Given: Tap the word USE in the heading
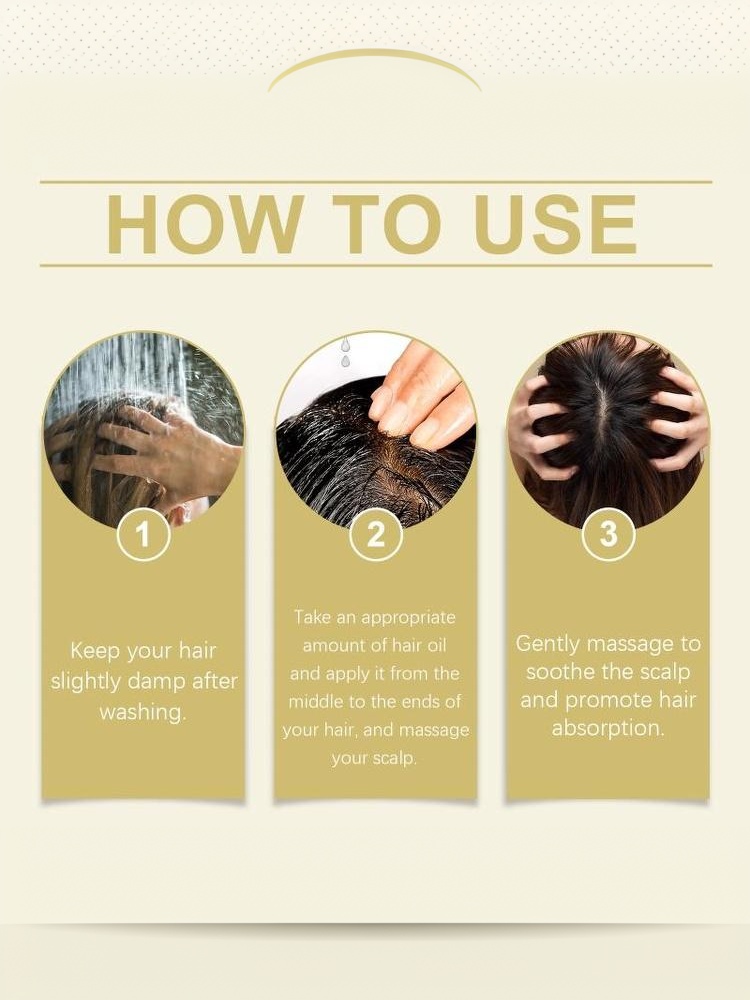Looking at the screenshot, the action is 555,224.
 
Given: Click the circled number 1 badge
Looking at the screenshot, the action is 143,534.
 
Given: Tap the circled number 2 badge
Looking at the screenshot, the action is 376,534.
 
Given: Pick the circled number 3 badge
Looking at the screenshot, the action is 608,534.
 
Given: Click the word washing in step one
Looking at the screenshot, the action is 142,712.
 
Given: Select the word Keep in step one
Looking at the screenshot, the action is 96,651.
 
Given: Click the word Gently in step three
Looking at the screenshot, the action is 548,644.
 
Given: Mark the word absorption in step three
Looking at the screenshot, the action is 608,728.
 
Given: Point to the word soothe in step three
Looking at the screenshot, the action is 559,672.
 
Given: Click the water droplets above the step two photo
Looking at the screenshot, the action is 345,353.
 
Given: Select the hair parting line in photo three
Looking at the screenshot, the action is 605,415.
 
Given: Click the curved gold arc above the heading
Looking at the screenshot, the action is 375,54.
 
